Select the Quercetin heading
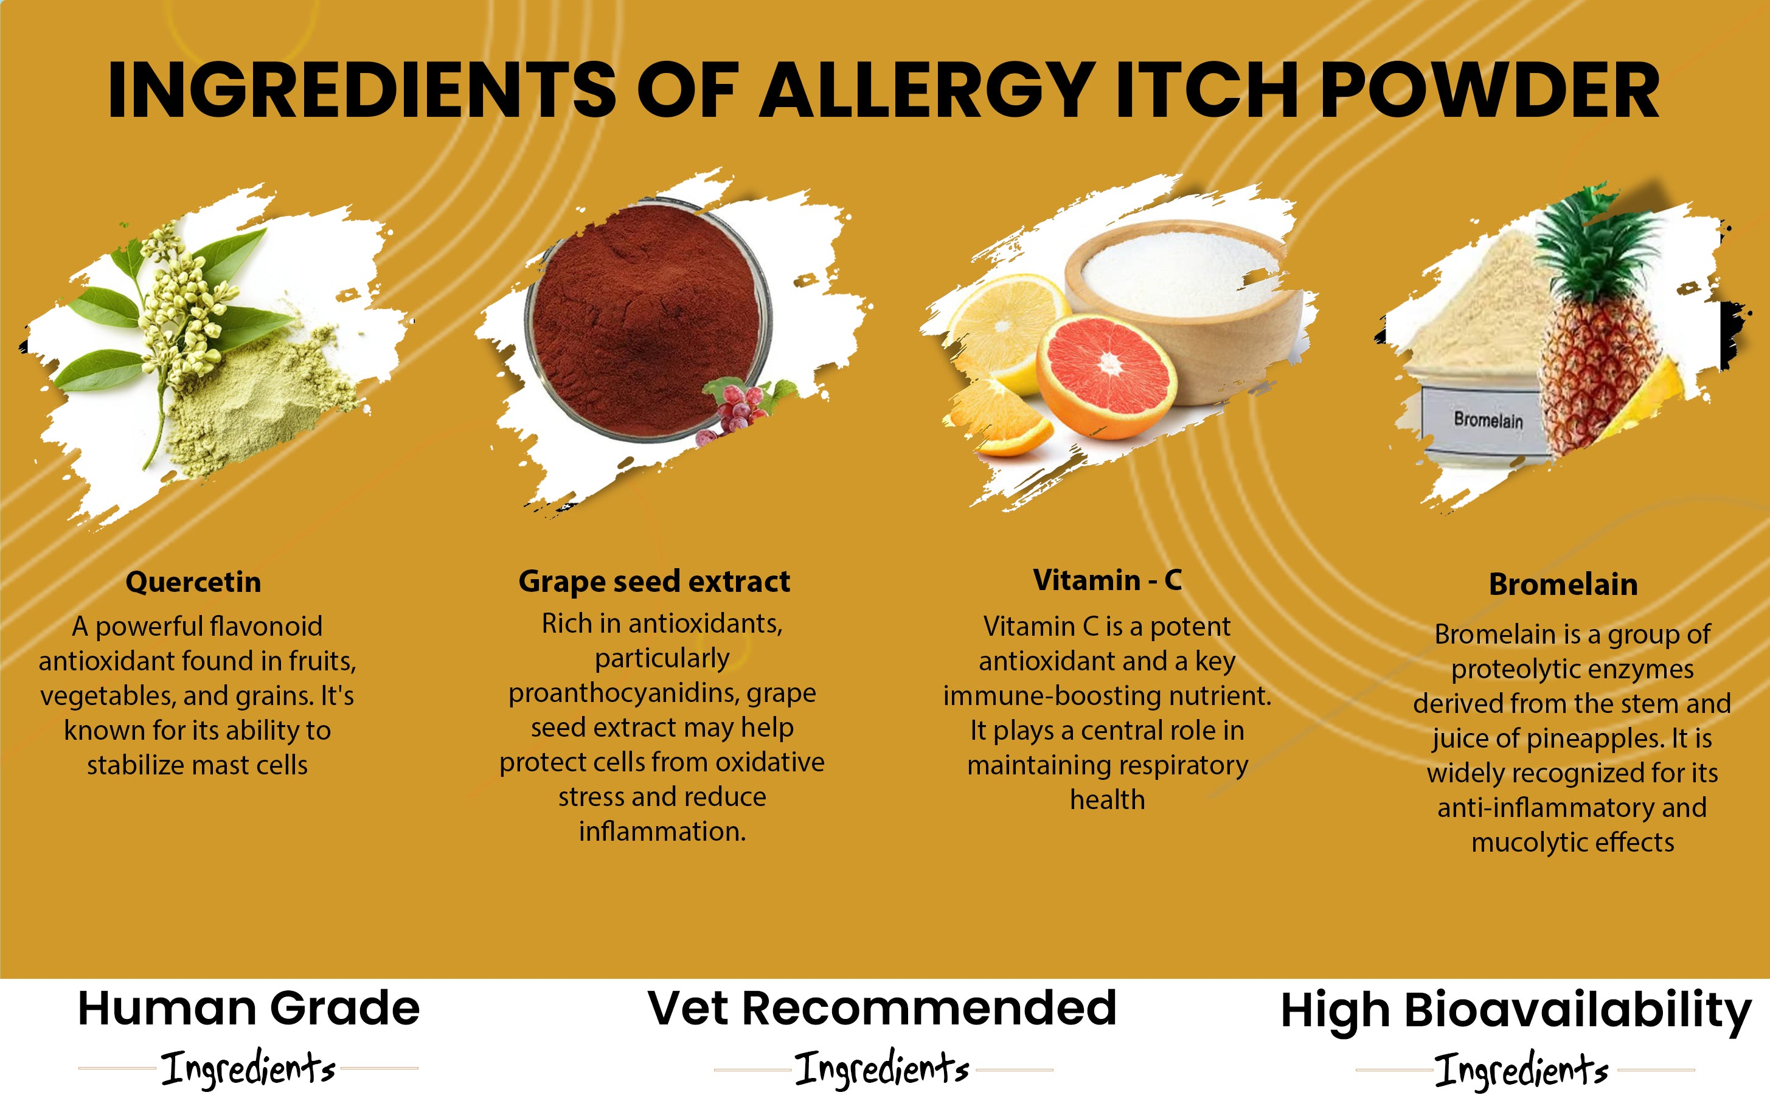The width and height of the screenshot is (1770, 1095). pos(193,582)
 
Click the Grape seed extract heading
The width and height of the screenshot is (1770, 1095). pos(654,582)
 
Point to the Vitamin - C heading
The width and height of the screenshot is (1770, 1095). pos(1107,580)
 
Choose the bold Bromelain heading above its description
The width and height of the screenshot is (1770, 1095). pos(1563,585)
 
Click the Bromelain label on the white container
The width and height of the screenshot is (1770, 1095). pos(1488,420)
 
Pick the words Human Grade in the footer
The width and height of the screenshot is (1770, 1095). pos(248,1009)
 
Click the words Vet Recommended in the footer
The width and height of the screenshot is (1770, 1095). pos(882,1007)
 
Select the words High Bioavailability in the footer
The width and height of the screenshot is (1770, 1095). pos(1516,1012)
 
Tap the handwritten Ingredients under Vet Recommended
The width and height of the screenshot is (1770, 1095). pos(882,1068)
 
